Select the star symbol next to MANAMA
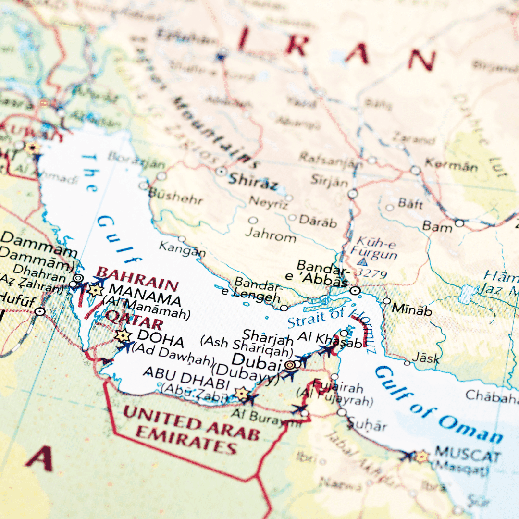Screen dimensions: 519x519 [x=96, y=290]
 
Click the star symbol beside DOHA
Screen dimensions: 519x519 [x=123, y=336]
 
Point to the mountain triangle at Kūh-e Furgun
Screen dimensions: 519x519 [x=363, y=262]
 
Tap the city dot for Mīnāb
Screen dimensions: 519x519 [x=387, y=301]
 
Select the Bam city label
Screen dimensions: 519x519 [x=437, y=226]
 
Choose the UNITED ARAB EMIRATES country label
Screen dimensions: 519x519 [x=191, y=429]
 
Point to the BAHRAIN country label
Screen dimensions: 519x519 [x=137, y=278]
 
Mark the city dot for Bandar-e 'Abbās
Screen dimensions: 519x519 [x=356, y=291]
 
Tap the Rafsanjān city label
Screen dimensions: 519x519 [x=331, y=159]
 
